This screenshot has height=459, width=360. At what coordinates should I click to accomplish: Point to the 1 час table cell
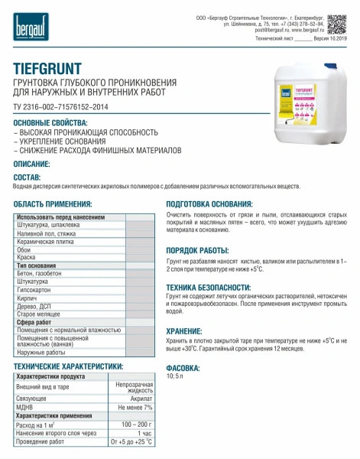point(143,433)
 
